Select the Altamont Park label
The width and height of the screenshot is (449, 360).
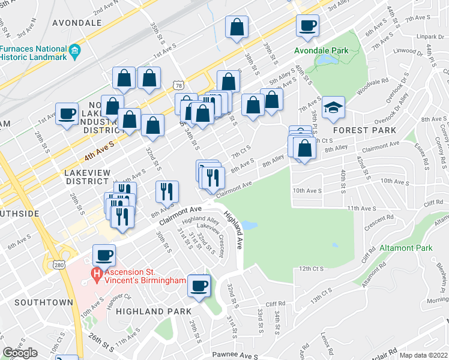point(406,248)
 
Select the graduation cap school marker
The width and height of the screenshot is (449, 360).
point(333,109)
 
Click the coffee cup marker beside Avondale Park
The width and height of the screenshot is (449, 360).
point(308,26)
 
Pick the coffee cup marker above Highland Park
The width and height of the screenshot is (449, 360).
point(199,286)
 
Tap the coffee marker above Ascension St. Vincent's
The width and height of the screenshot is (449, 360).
point(103,256)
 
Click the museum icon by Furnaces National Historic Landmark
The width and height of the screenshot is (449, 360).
point(75,49)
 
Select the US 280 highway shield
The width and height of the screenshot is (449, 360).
point(59,265)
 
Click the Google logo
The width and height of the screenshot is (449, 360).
point(20,353)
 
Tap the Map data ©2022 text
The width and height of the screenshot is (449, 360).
point(423,355)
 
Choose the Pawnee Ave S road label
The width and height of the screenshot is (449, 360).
point(236,355)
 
